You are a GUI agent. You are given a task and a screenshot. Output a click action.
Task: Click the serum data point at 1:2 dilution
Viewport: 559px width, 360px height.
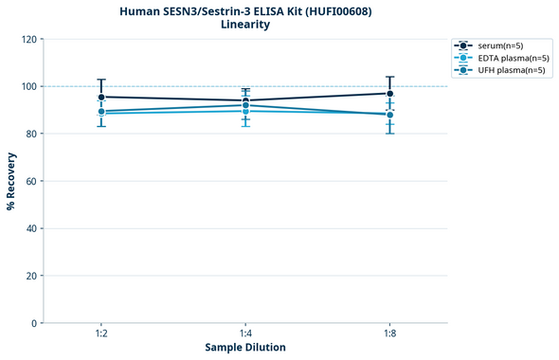[x=101, y=97]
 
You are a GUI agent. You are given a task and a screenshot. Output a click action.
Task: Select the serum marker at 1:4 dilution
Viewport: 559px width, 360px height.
[x=245, y=100]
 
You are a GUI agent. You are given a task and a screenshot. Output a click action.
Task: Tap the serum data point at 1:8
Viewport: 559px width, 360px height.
[x=389, y=93]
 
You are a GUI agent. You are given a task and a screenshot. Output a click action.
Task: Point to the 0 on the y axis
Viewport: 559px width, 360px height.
[x=33, y=323]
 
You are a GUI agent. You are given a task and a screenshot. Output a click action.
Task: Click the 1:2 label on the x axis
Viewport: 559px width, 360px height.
[x=101, y=334]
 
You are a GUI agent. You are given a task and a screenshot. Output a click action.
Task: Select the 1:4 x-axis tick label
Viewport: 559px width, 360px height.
[x=245, y=334]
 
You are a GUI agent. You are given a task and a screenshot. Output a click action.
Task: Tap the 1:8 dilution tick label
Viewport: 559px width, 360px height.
[x=389, y=334]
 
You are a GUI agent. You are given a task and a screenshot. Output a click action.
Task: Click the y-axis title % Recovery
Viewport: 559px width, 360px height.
[x=11, y=181]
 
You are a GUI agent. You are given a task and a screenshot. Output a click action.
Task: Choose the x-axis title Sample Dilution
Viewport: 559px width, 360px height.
[x=245, y=348]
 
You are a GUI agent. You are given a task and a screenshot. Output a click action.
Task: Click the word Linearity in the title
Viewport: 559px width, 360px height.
[x=245, y=25]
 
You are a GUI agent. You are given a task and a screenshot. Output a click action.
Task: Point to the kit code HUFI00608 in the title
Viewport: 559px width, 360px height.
[x=336, y=11]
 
